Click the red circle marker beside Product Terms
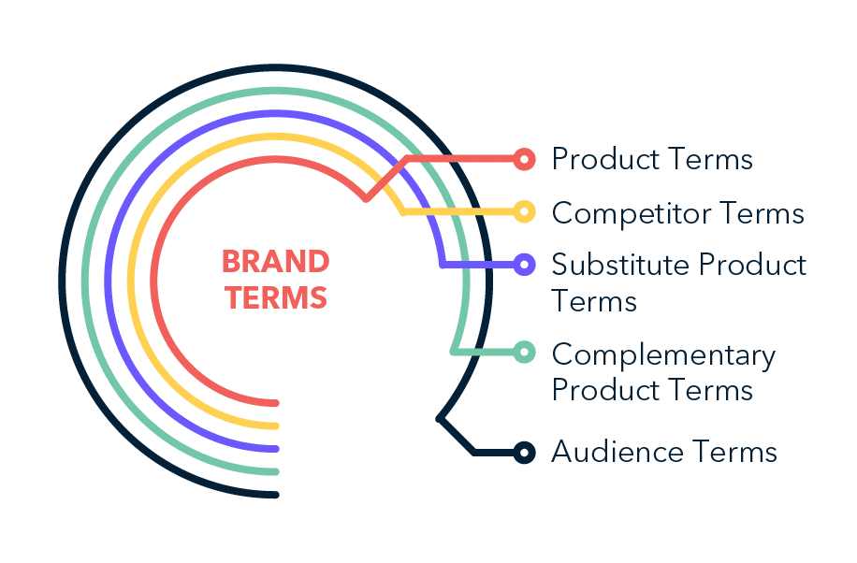pyautogui.click(x=524, y=160)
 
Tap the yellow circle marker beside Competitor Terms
pyautogui.click(x=524, y=211)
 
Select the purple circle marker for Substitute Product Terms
pyautogui.click(x=524, y=265)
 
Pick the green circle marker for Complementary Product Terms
pyautogui.click(x=524, y=352)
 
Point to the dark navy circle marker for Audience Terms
pyautogui.click(x=524, y=453)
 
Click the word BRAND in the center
pyautogui.click(x=275, y=262)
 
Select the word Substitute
pyautogui.click(x=620, y=265)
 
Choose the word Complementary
pyautogui.click(x=663, y=356)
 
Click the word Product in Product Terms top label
pyautogui.click(x=605, y=159)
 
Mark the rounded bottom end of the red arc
pyautogui.click(x=275, y=403)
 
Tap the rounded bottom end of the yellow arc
pyautogui.click(x=275, y=426)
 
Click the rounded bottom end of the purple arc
pyautogui.click(x=275, y=449)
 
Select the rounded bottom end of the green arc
pyautogui.click(x=275, y=471)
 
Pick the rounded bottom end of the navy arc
pyautogui.click(x=275, y=495)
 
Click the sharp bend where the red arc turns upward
pyautogui.click(x=366, y=199)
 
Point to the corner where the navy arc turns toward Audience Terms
pyautogui.click(x=439, y=419)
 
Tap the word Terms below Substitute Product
pyautogui.click(x=594, y=301)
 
